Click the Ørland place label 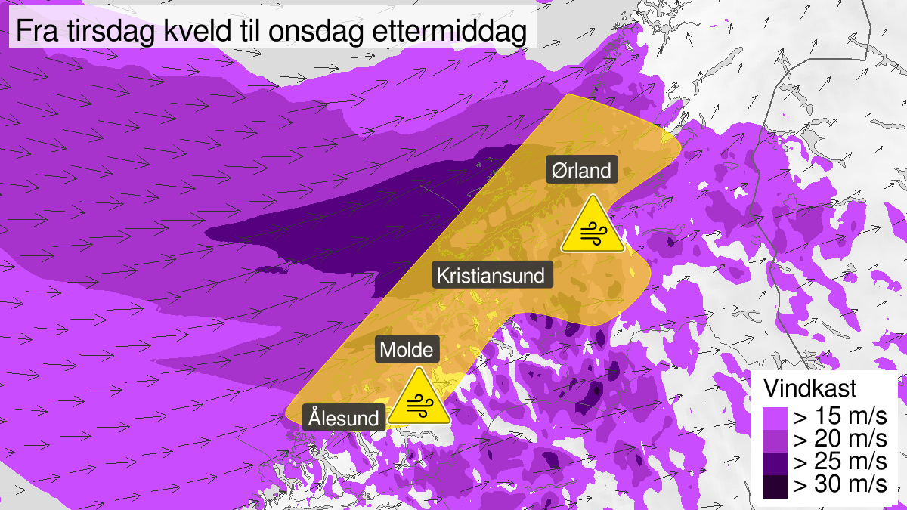click(581, 171)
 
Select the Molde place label click(407, 350)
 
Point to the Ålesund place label click(342, 417)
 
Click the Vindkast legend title click(809, 389)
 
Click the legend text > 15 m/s click(838, 417)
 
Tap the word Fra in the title click(36, 33)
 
